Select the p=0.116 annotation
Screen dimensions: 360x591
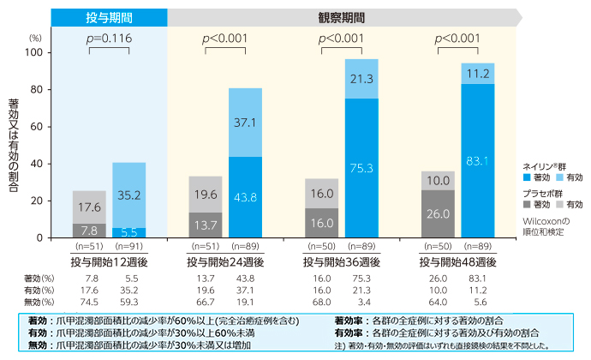109,39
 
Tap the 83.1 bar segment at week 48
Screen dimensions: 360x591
478,160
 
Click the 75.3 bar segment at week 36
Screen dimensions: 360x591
361,168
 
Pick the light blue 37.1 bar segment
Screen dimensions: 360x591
245,123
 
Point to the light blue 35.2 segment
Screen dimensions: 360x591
128,195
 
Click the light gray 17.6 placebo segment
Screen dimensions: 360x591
89,207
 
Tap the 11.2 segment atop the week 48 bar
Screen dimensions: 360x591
478,74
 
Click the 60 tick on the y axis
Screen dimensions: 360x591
37,127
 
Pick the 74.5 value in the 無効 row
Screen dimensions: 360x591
89,302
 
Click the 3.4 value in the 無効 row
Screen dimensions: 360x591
362,302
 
